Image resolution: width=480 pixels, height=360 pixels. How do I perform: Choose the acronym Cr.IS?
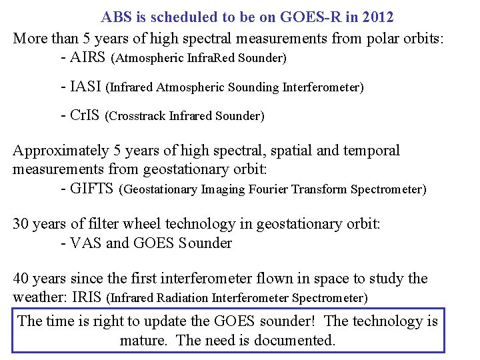click(85, 116)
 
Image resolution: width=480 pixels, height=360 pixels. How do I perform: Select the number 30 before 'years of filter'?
click(21, 224)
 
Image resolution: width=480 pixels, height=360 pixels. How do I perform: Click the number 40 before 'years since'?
click(21, 279)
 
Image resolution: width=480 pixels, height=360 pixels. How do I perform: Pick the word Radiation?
click(176, 297)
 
